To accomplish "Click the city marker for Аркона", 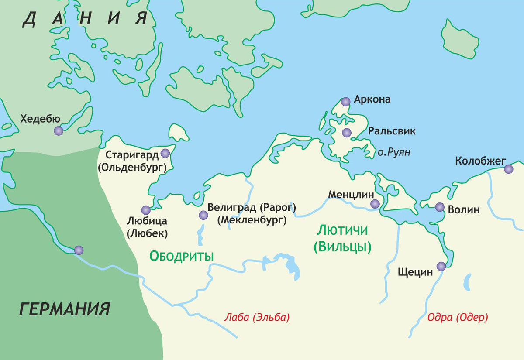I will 346,102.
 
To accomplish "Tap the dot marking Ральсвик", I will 347,133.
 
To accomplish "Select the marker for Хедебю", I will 59,130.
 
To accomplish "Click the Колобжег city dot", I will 508,169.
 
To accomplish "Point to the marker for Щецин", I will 441,266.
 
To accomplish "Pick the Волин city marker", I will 439,207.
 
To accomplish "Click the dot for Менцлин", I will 375,204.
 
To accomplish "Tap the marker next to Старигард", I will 165,153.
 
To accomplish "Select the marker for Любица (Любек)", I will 146,210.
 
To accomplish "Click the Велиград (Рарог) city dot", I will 203,215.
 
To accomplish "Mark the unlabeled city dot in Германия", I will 79,250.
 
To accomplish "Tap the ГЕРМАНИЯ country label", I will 64,309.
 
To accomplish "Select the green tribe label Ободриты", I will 182,256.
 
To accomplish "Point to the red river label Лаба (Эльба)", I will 256,317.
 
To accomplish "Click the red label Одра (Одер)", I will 458,317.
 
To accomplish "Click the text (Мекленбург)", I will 252,220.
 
